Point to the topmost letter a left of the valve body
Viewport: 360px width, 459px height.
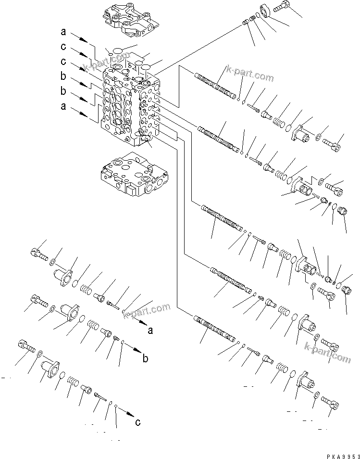pos(63,32)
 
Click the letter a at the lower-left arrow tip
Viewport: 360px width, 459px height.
pos(150,331)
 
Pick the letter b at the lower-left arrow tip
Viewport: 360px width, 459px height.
pos(145,358)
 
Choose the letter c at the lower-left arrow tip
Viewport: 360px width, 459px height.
pos(137,422)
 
